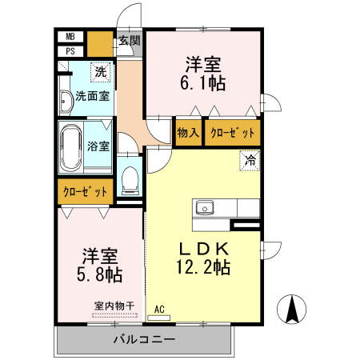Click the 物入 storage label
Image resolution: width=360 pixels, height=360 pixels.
188,134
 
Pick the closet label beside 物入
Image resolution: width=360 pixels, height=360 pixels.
233,134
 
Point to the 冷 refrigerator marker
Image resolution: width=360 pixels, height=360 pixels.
250,159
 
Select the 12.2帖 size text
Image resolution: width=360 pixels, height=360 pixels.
203,267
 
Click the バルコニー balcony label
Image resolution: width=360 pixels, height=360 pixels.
143,341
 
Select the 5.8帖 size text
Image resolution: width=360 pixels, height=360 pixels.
100,274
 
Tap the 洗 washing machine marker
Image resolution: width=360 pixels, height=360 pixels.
100,73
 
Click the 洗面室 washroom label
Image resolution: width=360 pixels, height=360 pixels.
92,97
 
